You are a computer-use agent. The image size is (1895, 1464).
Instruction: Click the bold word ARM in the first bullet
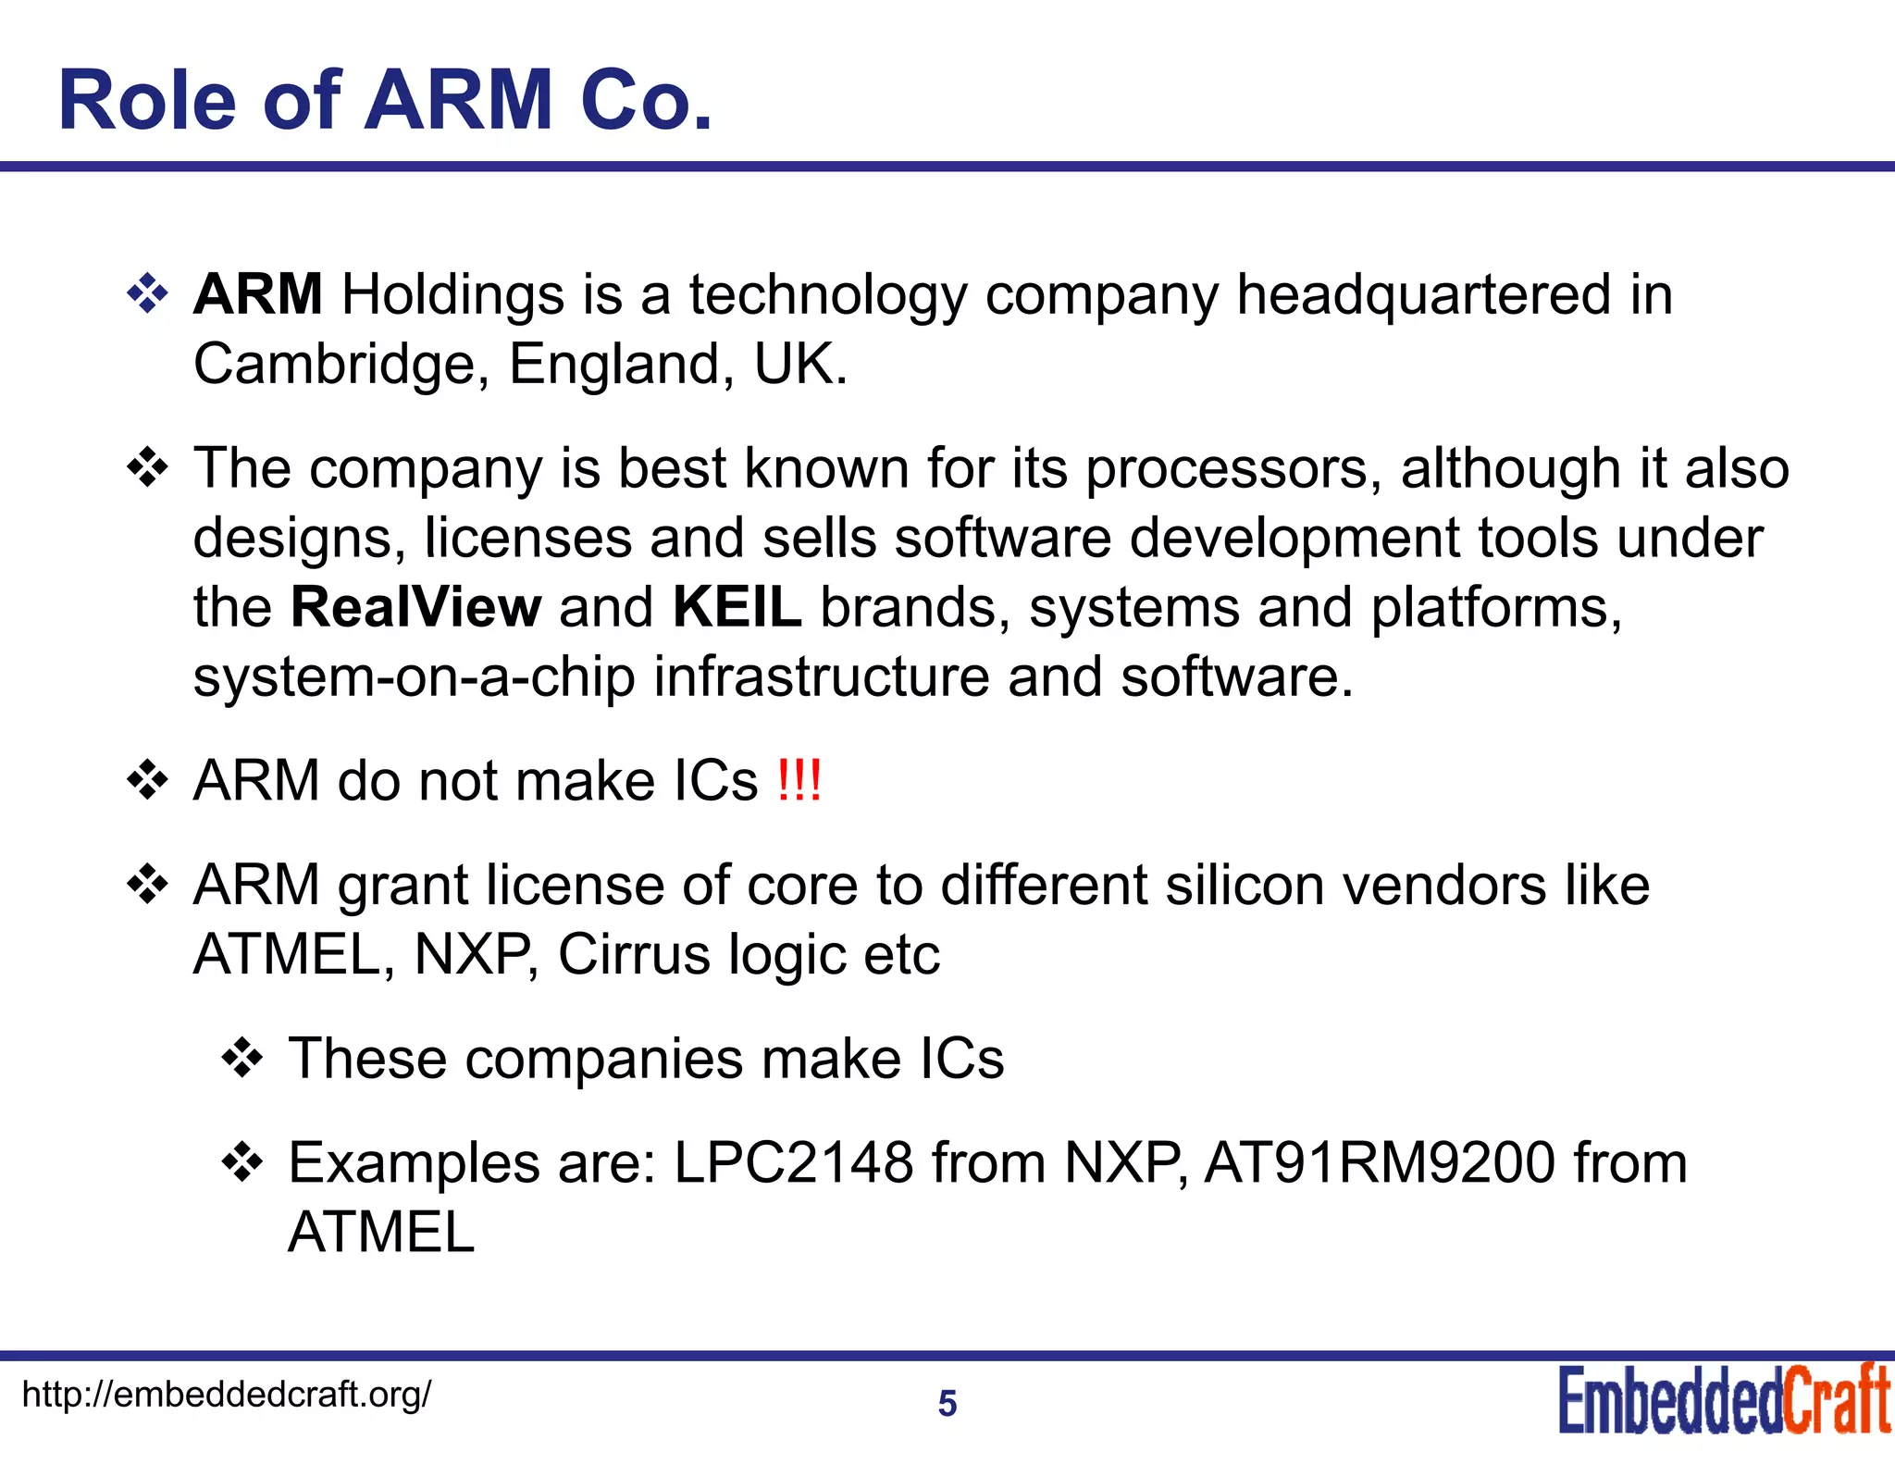click(257, 294)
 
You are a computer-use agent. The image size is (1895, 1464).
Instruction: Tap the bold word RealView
click(415, 607)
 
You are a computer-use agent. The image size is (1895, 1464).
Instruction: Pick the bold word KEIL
click(737, 607)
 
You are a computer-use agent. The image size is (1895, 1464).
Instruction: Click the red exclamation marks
click(799, 780)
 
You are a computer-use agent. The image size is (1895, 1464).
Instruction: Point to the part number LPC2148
click(794, 1162)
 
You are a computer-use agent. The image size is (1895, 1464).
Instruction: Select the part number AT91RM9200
click(1380, 1162)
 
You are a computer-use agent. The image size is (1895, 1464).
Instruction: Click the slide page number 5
click(947, 1404)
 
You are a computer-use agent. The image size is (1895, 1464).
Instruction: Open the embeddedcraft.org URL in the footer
click(226, 1394)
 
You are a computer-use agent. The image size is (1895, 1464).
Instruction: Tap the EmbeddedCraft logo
click(1725, 1399)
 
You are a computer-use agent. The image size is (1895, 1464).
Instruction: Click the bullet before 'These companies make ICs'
click(242, 1059)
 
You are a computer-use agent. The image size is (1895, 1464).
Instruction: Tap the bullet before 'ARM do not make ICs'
click(147, 781)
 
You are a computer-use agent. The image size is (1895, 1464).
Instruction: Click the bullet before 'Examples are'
click(242, 1163)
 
